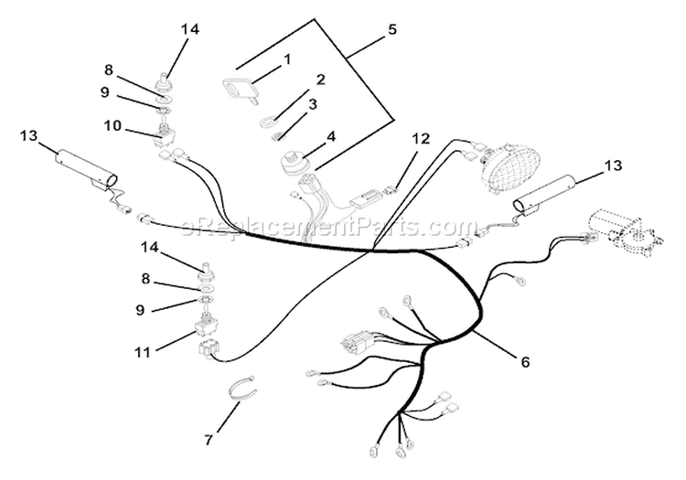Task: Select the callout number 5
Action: (x=392, y=30)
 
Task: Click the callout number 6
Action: (x=525, y=362)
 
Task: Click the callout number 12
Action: (x=421, y=139)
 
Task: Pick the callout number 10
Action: (x=113, y=126)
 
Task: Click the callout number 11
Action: (x=143, y=352)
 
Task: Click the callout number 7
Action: (x=209, y=440)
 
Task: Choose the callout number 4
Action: (x=331, y=136)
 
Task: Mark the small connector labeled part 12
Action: (x=390, y=190)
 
